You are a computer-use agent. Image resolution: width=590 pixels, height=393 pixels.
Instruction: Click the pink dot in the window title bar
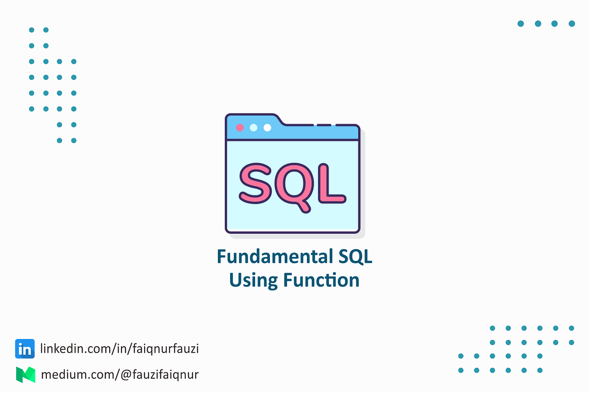(240, 128)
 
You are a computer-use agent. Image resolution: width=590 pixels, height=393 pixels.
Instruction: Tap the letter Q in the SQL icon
(296, 184)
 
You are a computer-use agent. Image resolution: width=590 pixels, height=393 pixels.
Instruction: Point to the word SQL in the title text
(352, 257)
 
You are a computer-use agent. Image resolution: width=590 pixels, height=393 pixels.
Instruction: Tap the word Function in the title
(321, 280)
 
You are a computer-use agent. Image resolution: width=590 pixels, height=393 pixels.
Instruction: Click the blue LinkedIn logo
(25, 349)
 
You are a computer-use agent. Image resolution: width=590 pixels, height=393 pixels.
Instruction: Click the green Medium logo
(25, 375)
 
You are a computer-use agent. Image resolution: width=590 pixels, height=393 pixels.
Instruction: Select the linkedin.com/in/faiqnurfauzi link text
(119, 349)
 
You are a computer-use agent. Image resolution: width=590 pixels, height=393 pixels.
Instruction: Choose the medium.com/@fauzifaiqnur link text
(120, 375)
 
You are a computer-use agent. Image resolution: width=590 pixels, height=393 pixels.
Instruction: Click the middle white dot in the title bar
(254, 128)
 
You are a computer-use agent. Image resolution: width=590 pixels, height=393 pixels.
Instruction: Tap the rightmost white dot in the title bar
(267, 128)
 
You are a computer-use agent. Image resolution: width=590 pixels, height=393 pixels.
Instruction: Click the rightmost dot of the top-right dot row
(572, 24)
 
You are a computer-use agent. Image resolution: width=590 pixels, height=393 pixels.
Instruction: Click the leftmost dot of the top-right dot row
(521, 24)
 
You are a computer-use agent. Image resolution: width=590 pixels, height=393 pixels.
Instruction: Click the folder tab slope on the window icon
(279, 120)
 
